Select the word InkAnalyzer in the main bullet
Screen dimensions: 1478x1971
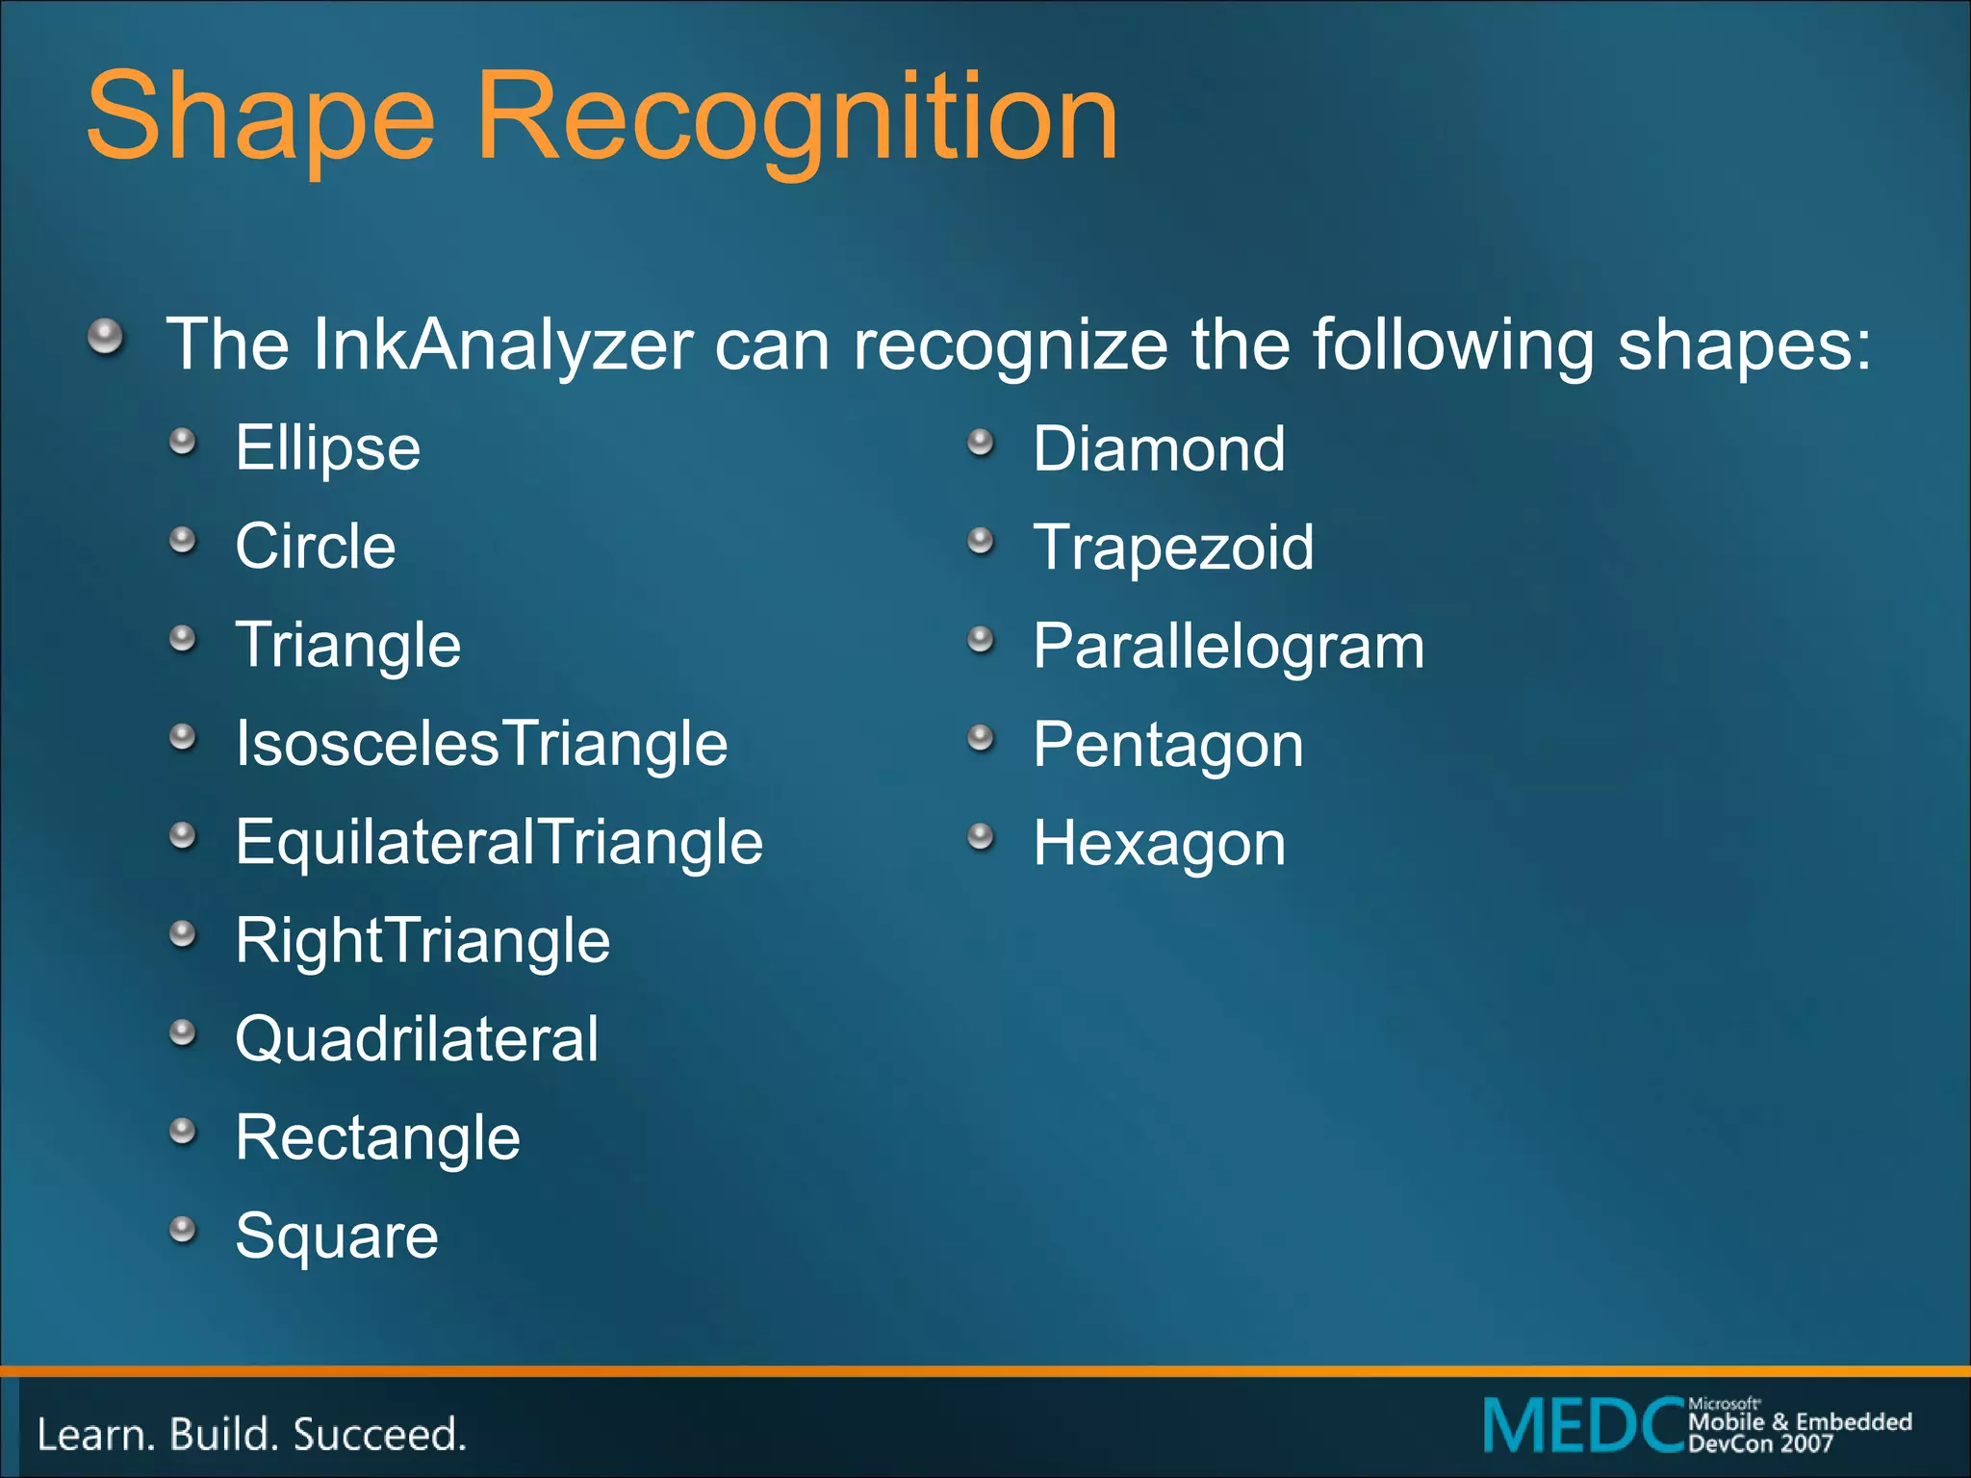click(502, 344)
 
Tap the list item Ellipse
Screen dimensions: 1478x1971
click(328, 448)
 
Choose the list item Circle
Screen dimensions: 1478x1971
click(316, 547)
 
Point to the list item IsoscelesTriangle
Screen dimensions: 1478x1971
click(481, 744)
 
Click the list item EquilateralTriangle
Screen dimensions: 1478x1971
click(499, 842)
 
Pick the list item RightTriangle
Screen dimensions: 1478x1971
click(422, 940)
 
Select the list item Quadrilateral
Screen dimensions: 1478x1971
click(417, 1039)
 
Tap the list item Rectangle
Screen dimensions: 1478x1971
click(377, 1137)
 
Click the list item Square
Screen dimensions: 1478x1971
click(337, 1236)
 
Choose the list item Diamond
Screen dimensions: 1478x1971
click(1159, 448)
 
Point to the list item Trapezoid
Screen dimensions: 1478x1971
click(1173, 547)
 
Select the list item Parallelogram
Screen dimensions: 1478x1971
click(1228, 646)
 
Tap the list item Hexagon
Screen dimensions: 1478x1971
click(1159, 844)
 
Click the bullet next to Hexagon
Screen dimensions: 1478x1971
click(980, 835)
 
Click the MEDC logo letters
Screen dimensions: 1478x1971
click(1584, 1425)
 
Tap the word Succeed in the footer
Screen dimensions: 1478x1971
click(379, 1435)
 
